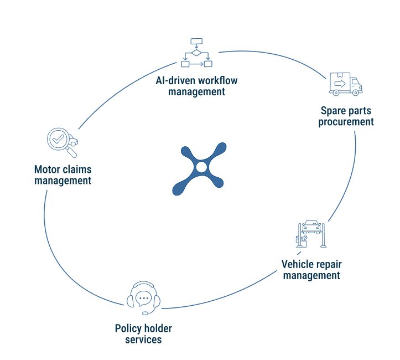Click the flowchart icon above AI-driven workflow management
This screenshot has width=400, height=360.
pyautogui.click(x=196, y=53)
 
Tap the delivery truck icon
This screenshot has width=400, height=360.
pyautogui.click(x=346, y=84)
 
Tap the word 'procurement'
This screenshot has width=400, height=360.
pyautogui.click(x=346, y=121)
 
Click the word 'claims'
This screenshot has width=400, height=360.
pyautogui.click(x=77, y=169)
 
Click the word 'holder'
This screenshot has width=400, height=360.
pyautogui.click(x=158, y=328)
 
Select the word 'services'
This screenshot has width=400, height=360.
pyautogui.click(x=143, y=340)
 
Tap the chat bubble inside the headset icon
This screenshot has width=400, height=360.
pyautogui.click(x=143, y=298)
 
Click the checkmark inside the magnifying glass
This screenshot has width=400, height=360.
pyautogui.click(x=56, y=138)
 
